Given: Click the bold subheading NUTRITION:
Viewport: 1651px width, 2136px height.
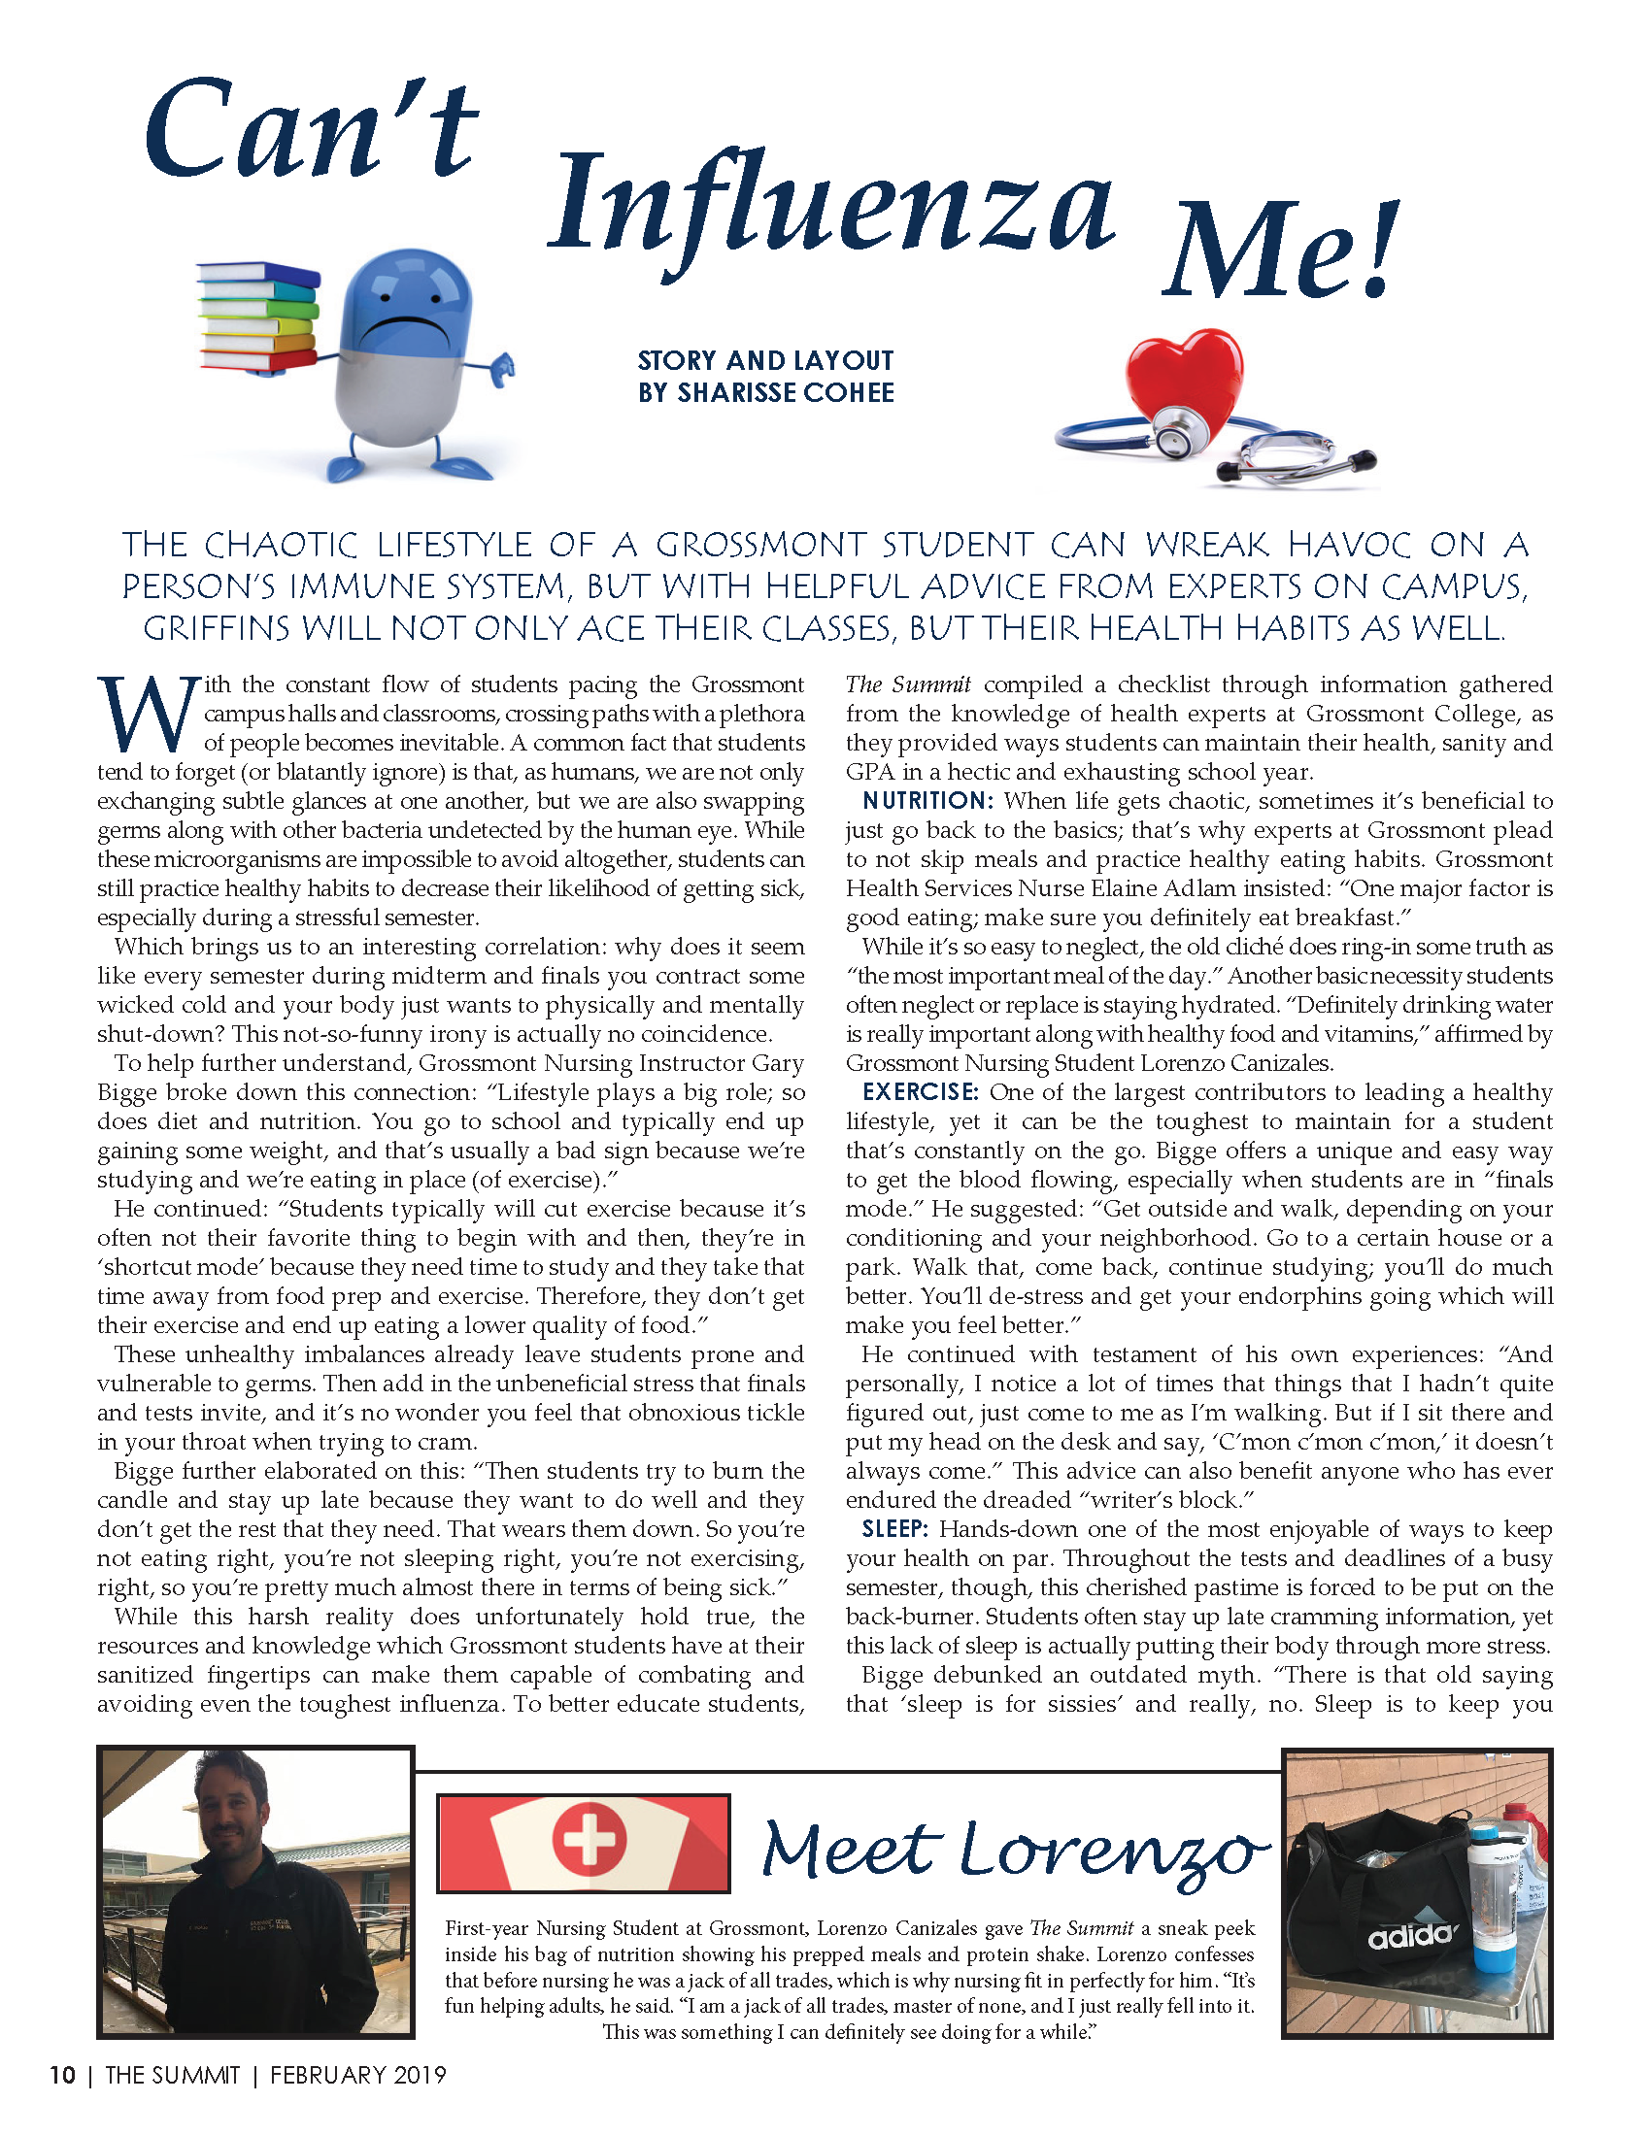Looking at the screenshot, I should (x=927, y=801).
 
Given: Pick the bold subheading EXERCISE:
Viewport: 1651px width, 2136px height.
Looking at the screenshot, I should (x=921, y=1092).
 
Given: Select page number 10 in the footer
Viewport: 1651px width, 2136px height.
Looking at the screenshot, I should (x=62, y=2076).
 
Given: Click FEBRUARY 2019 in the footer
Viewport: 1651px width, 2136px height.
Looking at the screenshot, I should (x=358, y=2076).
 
